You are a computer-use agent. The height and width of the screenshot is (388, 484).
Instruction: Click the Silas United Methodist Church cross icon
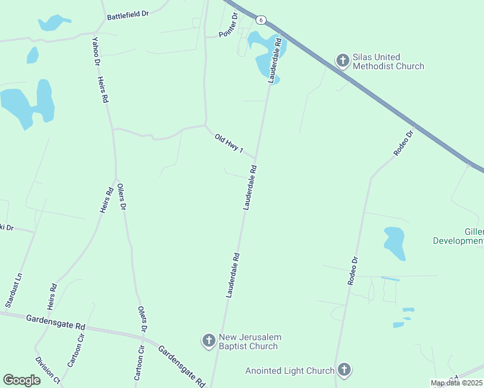click(343, 61)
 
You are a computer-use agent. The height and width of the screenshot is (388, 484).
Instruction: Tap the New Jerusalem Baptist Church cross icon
click(208, 340)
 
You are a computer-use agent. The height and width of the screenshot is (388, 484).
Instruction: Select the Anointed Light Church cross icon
click(344, 370)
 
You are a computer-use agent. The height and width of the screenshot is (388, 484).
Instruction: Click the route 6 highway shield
click(260, 20)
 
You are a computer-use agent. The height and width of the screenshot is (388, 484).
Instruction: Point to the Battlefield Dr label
click(128, 14)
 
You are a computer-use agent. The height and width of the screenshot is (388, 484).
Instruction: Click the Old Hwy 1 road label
click(229, 144)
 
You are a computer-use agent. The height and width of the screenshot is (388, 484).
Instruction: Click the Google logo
click(21, 380)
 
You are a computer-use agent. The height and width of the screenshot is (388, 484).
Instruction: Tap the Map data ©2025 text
click(457, 383)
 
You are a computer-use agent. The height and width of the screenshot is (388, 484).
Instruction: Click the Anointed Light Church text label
click(290, 371)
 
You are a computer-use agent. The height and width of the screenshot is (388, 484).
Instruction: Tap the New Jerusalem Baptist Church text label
click(249, 341)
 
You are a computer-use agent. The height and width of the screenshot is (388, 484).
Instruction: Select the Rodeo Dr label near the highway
click(402, 144)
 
